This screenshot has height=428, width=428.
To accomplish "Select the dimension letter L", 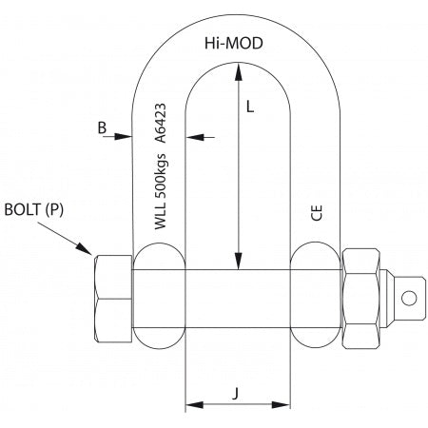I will (249, 107).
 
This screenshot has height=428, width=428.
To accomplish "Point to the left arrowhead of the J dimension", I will (190, 404).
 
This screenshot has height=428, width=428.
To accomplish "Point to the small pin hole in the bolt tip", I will (411, 298).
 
